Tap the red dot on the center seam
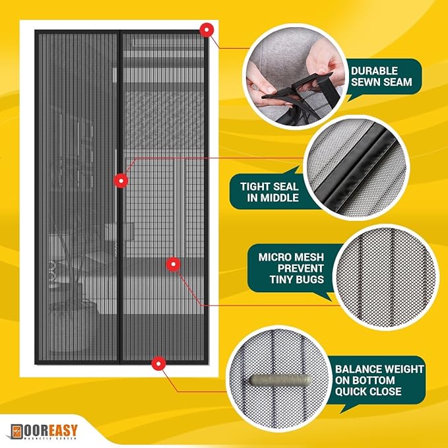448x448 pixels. point(121,180)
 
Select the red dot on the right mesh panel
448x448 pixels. point(173,264)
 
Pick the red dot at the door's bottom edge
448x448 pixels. point(158,363)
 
